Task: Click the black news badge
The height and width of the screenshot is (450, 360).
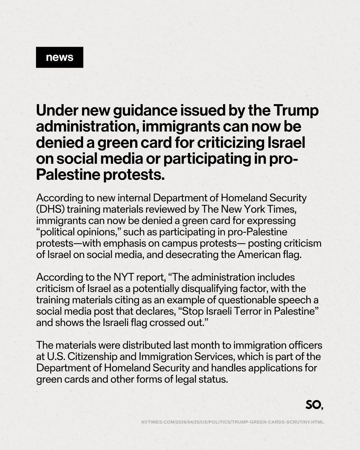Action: pyautogui.click(x=59, y=57)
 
